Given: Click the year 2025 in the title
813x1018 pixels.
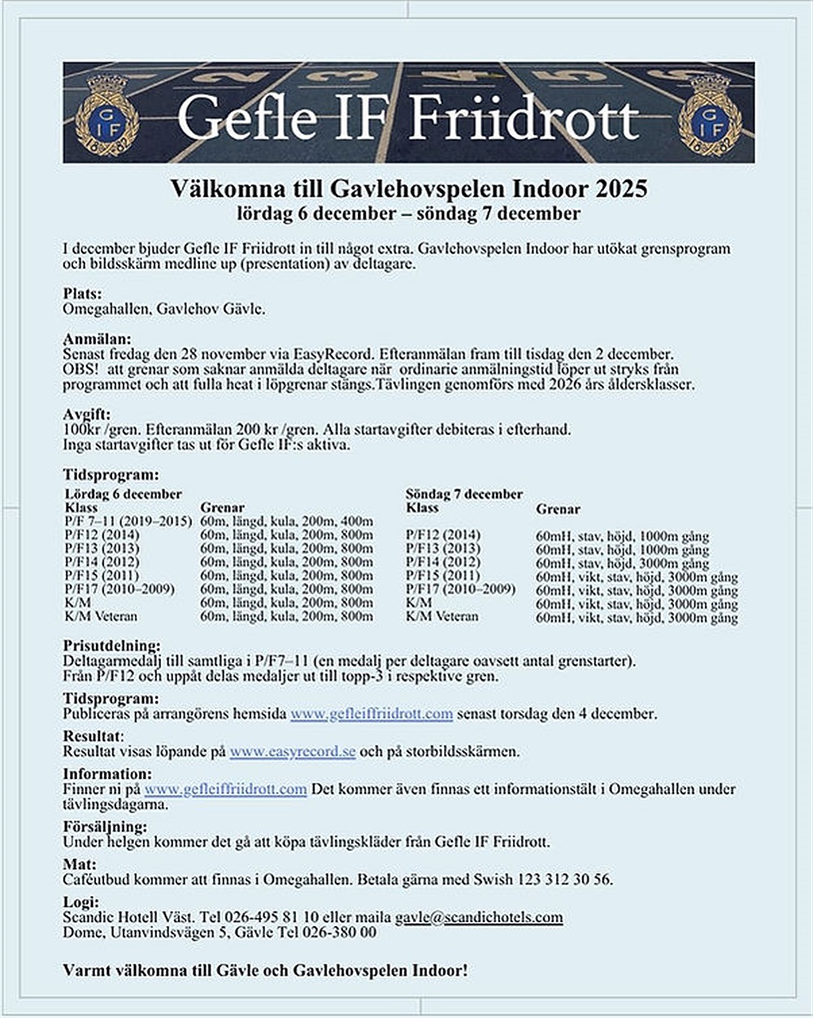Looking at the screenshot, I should point(620,189).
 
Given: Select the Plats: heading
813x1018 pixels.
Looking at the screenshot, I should point(82,294).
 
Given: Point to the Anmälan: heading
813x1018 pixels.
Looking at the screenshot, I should point(96,339).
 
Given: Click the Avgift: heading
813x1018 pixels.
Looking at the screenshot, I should point(86,414).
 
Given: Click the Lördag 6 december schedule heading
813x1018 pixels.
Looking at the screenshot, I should point(123,494).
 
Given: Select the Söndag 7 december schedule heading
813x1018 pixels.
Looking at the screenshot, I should point(463,494).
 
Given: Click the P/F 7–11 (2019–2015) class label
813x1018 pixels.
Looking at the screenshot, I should point(128,521).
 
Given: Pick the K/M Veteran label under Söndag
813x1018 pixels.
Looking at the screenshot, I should point(442,616).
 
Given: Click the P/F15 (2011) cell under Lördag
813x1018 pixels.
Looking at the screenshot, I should point(102,576).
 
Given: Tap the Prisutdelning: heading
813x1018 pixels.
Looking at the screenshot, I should point(111,646).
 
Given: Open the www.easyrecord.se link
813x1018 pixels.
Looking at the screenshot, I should point(293,752).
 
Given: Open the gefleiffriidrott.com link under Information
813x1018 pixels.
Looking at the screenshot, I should point(225,790).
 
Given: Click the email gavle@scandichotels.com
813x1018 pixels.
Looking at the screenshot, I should point(479,917).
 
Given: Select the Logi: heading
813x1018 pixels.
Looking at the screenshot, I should point(80,902).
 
